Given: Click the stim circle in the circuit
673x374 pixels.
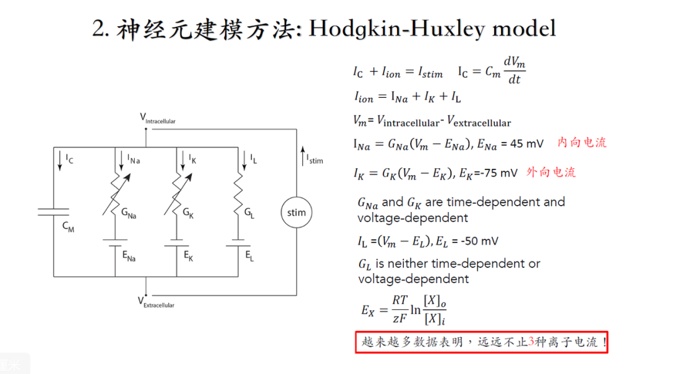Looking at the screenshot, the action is pos(297,213).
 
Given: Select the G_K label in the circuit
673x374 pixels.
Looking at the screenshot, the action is pos(188,213).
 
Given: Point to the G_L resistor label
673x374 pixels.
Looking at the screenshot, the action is pos(249,213).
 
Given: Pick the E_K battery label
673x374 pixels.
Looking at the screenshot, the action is pos(188,255).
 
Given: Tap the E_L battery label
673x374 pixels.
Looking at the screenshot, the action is pos(249,255).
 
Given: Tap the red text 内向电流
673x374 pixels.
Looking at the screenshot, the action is pos(581,142).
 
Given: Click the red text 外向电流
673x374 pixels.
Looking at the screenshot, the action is pos(551,172).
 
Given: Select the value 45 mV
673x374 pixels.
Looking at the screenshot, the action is pos(527,143).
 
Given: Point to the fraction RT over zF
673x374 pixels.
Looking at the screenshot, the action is pos(399,310).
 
